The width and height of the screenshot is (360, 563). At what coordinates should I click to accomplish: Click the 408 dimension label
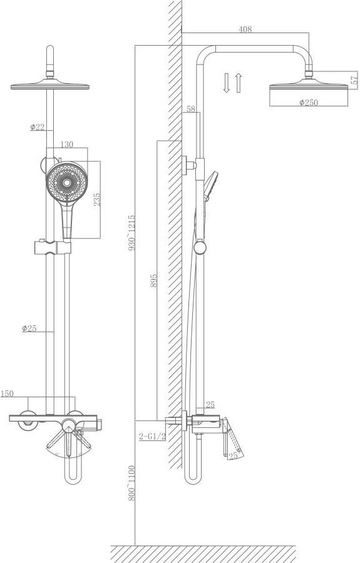[245, 29]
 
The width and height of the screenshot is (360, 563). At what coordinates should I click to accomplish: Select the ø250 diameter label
[309, 103]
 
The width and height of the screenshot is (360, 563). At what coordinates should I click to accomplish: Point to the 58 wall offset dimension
[191, 109]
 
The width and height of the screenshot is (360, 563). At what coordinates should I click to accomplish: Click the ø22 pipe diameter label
[37, 126]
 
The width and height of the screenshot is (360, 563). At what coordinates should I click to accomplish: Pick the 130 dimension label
[66, 144]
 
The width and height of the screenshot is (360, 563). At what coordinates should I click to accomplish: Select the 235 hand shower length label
[97, 200]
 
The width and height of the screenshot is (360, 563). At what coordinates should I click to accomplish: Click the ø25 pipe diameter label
[29, 328]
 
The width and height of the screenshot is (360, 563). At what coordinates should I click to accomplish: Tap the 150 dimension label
[7, 393]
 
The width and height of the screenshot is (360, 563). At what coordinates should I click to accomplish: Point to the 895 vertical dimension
[153, 280]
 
